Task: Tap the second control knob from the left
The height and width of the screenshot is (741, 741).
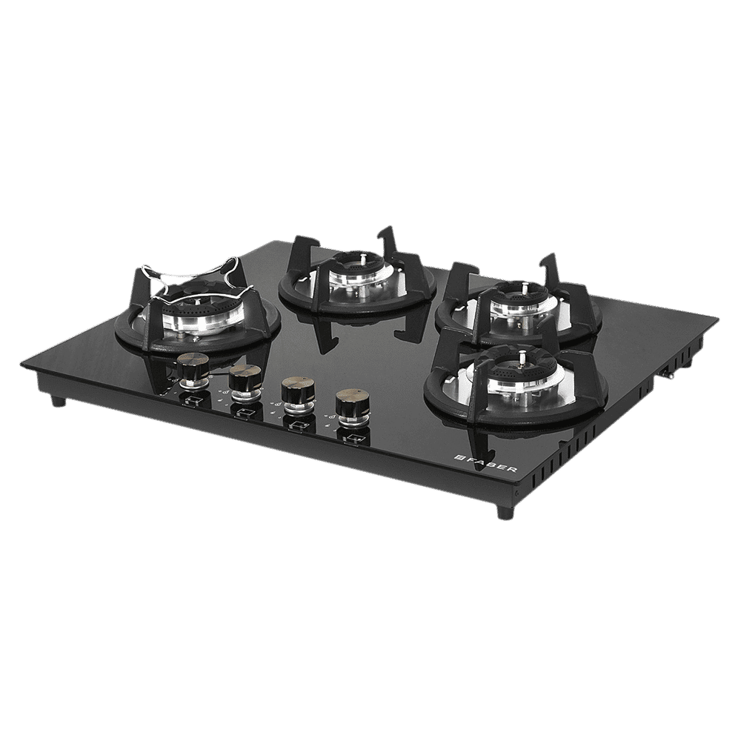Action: point(241,379)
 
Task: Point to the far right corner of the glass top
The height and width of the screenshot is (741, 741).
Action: point(717,319)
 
